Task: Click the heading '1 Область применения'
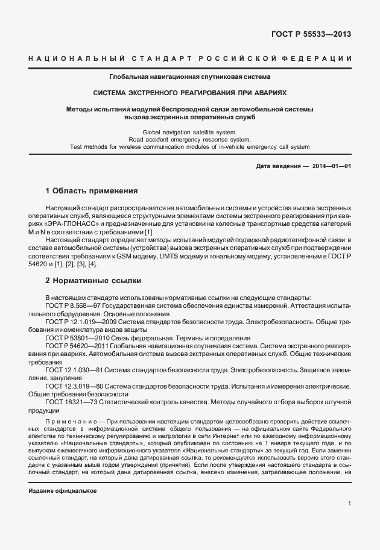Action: click(x=92, y=191)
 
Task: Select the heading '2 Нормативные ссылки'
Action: click(x=92, y=281)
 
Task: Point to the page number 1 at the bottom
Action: click(x=350, y=503)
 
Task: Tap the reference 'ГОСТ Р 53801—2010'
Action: click(x=71, y=339)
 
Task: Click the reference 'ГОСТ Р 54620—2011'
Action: click(x=71, y=346)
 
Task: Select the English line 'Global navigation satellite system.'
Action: click(x=189, y=131)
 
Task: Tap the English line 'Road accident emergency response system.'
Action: click(x=189, y=139)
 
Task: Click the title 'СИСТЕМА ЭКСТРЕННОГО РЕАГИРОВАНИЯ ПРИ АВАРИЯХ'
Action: click(x=189, y=94)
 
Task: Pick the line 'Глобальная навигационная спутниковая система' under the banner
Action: click(x=189, y=77)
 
